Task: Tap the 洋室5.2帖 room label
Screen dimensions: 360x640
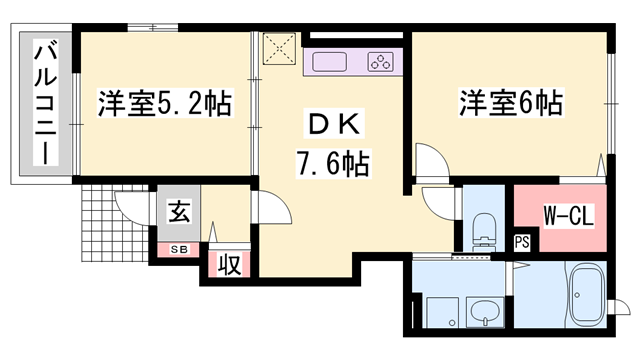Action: pyautogui.click(x=165, y=103)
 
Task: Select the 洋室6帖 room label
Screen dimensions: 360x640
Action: pyautogui.click(x=509, y=102)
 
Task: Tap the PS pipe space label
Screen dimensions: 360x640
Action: pyautogui.click(x=522, y=241)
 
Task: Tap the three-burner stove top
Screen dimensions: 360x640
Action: pyautogui.click(x=381, y=61)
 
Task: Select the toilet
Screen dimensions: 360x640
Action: pyautogui.click(x=483, y=228)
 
